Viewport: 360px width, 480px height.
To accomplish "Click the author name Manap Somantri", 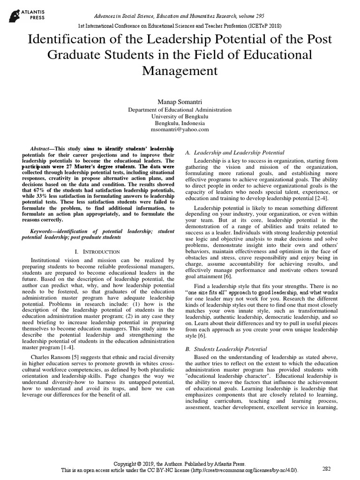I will click(x=180, y=102).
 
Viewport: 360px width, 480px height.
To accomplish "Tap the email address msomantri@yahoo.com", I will click(x=180, y=129).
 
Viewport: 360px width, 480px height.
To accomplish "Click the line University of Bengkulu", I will click(x=180, y=116).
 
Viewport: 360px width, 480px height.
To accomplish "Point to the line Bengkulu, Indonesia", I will click(x=180, y=123).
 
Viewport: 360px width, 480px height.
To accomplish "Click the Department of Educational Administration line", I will click(x=180, y=109).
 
